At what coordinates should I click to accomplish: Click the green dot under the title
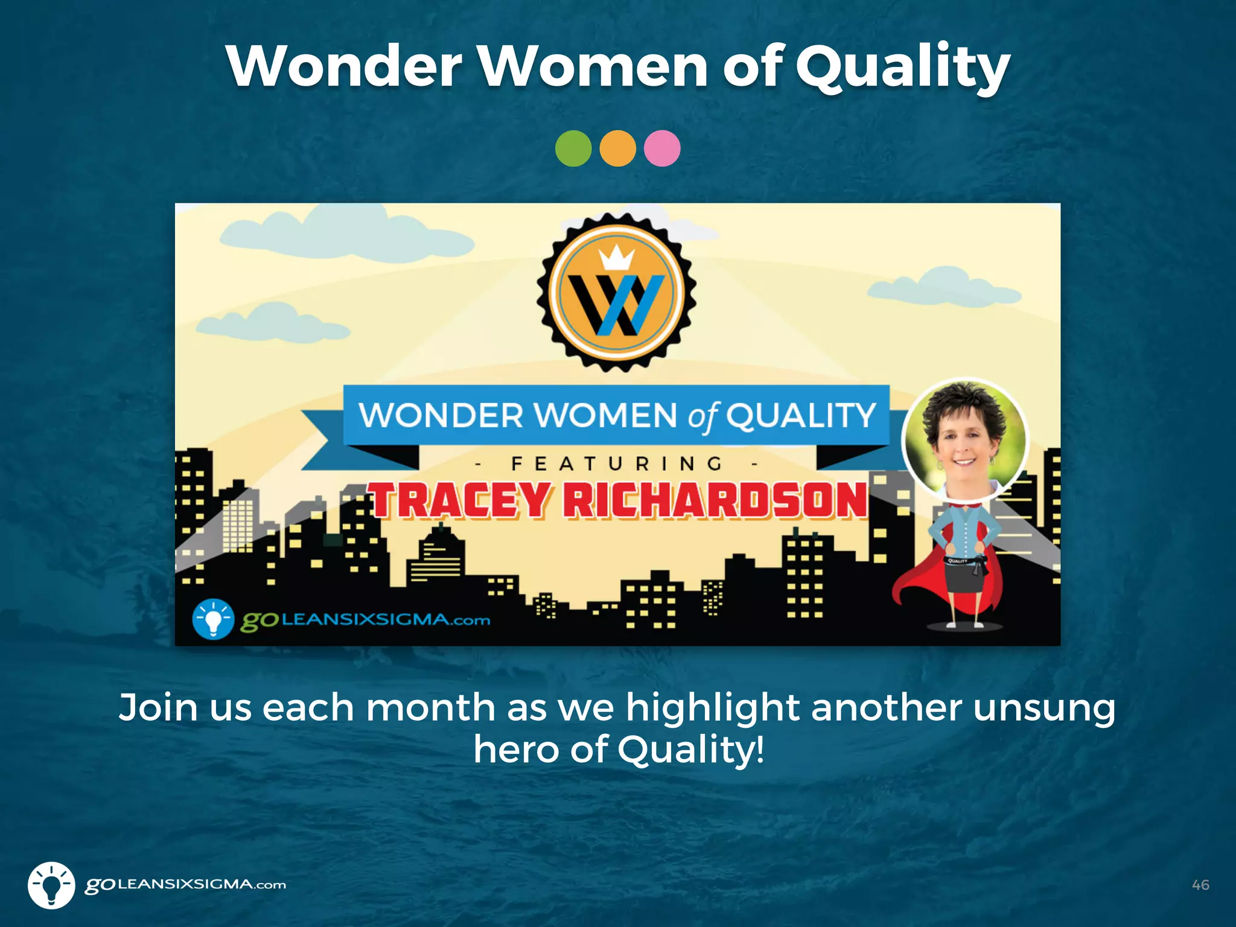pyautogui.click(x=573, y=148)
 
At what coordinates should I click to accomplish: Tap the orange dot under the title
pyautogui.click(x=617, y=148)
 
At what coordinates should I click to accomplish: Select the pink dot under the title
pyautogui.click(x=662, y=148)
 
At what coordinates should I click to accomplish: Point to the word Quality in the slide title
pyautogui.click(x=902, y=68)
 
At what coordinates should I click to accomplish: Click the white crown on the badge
pyautogui.click(x=616, y=258)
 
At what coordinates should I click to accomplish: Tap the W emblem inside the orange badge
pyautogui.click(x=617, y=305)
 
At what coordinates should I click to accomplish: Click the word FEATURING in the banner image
pyautogui.click(x=617, y=463)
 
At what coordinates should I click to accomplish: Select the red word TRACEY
pyautogui.click(x=460, y=500)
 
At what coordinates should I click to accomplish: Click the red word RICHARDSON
pyautogui.click(x=716, y=500)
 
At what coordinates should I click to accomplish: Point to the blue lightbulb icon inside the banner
pyautogui.click(x=213, y=619)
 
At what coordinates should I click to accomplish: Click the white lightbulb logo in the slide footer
pyautogui.click(x=51, y=885)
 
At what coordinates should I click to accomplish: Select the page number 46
pyautogui.click(x=1200, y=885)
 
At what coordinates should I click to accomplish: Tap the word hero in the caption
pyautogui.click(x=516, y=750)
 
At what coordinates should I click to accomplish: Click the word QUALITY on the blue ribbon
pyautogui.click(x=800, y=415)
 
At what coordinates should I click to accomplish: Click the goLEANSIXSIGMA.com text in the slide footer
pyautogui.click(x=185, y=885)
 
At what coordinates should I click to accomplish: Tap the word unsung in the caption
pyautogui.click(x=1044, y=709)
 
